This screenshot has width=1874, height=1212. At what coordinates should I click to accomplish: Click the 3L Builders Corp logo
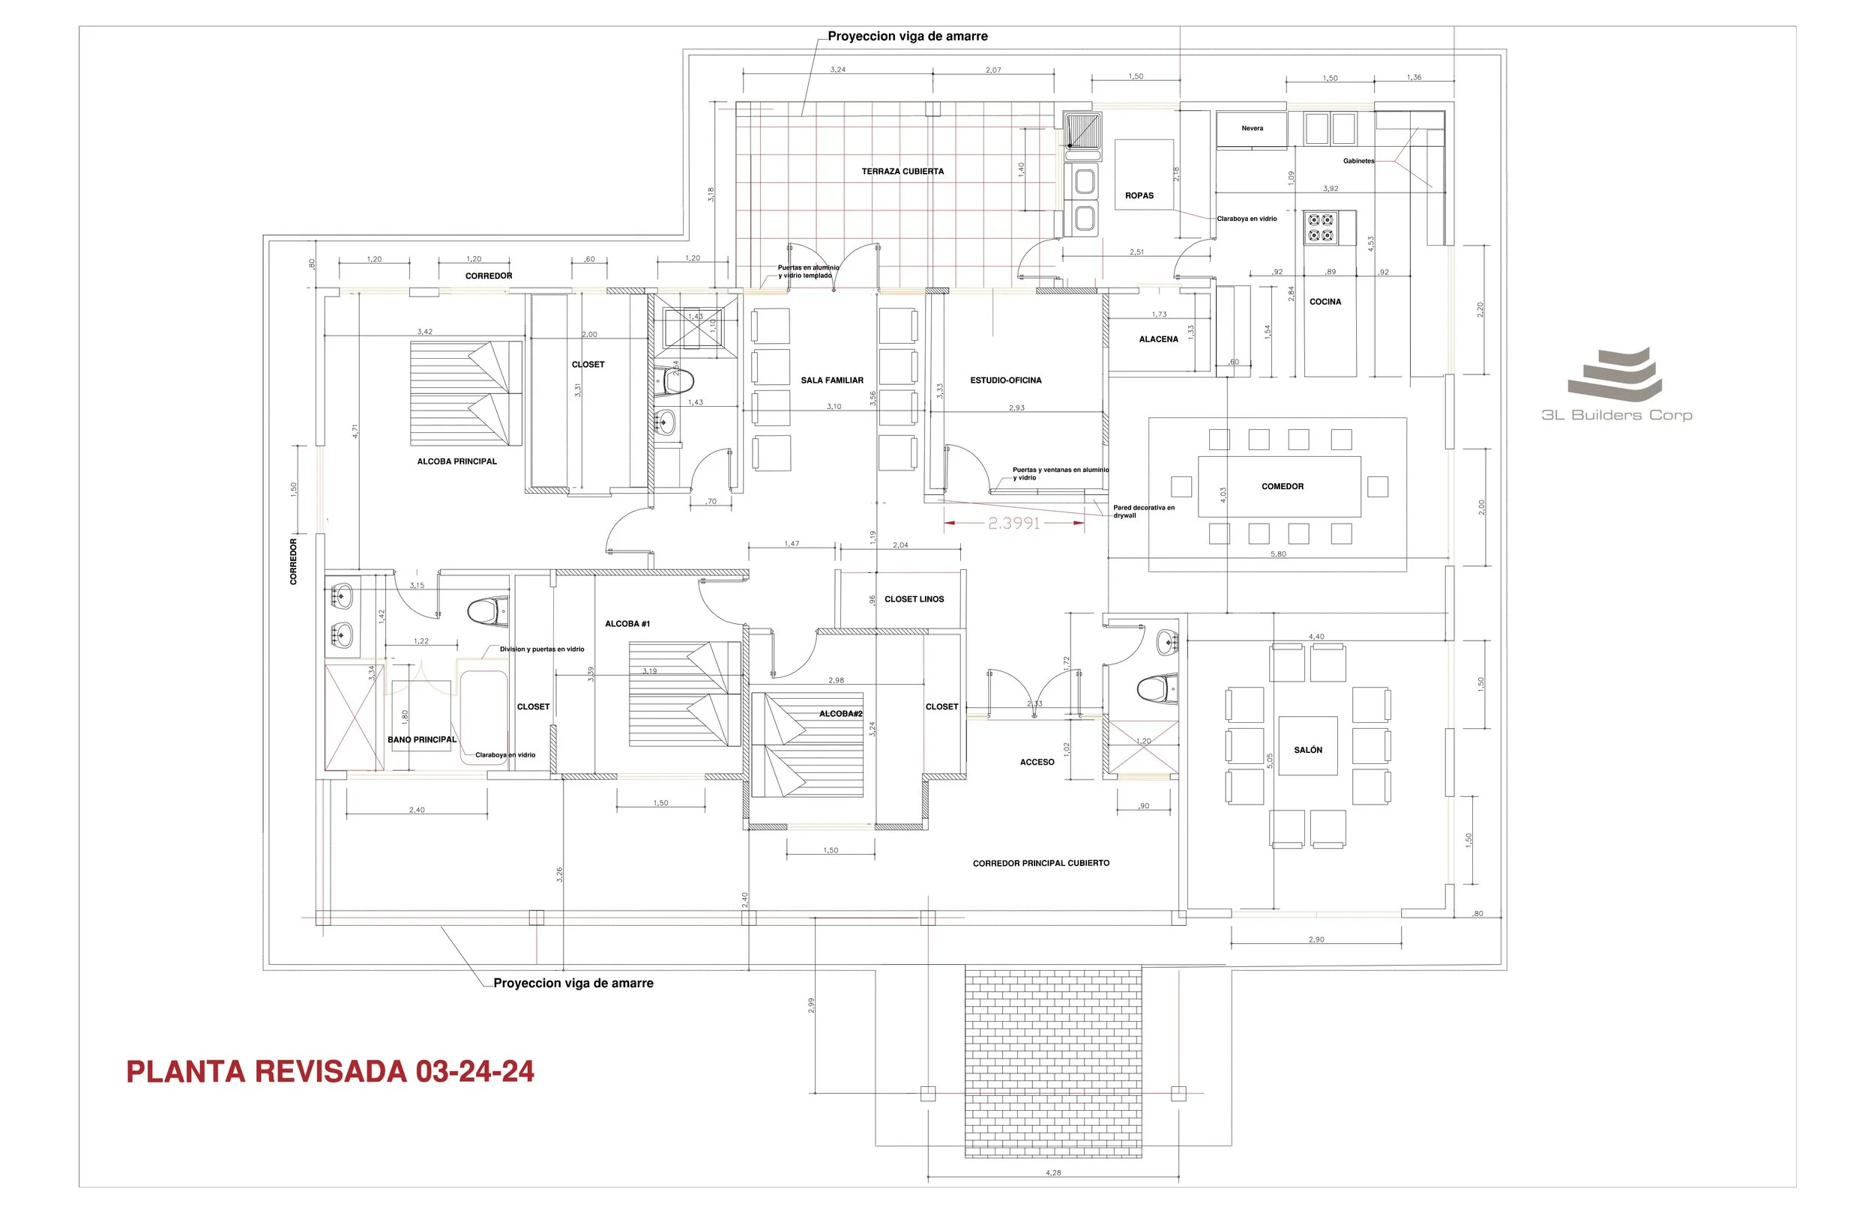point(1615,386)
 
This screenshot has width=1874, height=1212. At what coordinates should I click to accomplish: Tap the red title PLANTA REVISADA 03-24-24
point(330,1072)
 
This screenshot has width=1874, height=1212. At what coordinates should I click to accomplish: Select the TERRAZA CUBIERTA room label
point(903,172)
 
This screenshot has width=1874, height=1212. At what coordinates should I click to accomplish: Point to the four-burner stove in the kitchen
point(1321,228)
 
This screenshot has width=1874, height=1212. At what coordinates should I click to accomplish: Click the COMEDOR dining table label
point(1282,486)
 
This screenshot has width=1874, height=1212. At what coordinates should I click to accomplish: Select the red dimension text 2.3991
point(1013,524)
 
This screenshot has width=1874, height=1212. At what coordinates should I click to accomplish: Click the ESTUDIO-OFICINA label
point(1005,380)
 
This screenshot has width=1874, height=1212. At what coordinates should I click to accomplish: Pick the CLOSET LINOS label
point(913,599)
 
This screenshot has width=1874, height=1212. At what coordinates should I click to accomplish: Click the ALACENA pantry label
point(1158,339)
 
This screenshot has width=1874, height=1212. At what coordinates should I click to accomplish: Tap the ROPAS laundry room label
point(1139,196)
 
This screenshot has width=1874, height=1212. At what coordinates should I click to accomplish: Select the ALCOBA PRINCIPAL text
point(457,461)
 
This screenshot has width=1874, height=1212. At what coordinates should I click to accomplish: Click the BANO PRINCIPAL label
point(422,740)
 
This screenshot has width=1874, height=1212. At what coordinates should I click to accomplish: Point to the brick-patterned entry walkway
point(1052,1062)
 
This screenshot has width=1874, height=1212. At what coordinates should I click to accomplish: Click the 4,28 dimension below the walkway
point(1052,1172)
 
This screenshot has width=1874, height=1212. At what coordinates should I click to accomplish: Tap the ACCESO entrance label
point(1036,762)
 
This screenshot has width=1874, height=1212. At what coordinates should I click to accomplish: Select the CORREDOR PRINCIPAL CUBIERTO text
point(1040,864)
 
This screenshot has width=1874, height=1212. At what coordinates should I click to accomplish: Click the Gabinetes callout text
point(1358,161)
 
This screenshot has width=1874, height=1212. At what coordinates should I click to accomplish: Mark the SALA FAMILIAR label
point(831,380)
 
